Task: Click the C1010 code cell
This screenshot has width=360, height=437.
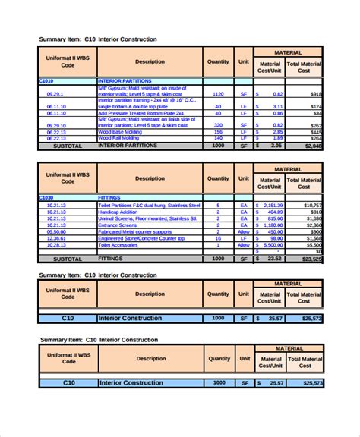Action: [x=47, y=80]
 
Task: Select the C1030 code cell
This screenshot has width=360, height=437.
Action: [x=47, y=197]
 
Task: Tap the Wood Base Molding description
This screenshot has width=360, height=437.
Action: [x=122, y=131]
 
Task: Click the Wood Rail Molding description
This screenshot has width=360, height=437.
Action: [x=121, y=137]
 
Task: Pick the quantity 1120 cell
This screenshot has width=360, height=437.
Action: [x=217, y=93]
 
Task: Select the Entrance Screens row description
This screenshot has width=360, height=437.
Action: [x=121, y=225]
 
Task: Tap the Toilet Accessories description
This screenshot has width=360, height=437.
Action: [x=122, y=245]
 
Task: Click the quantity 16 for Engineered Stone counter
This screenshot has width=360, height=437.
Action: [x=218, y=238]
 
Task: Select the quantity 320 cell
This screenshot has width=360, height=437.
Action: [x=217, y=124]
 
